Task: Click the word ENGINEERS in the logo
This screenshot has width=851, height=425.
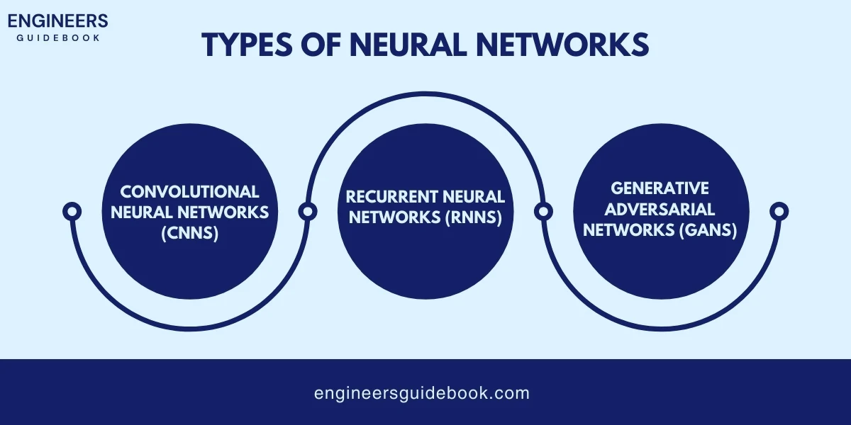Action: [58, 20]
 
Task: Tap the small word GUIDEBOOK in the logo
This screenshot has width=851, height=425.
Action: [58, 37]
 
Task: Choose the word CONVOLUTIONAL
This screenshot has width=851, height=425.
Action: [189, 191]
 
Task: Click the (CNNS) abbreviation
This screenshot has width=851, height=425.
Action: [189, 232]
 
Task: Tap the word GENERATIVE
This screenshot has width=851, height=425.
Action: [660, 188]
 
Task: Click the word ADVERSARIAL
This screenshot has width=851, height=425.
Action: [660, 209]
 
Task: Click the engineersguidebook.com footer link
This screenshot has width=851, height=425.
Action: [422, 393]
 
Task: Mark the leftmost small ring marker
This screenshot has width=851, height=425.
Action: [72, 210]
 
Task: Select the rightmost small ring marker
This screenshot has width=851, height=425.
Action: [779, 210]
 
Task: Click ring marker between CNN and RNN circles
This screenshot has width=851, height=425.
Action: [307, 210]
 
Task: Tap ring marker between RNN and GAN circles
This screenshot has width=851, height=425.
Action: [543, 210]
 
